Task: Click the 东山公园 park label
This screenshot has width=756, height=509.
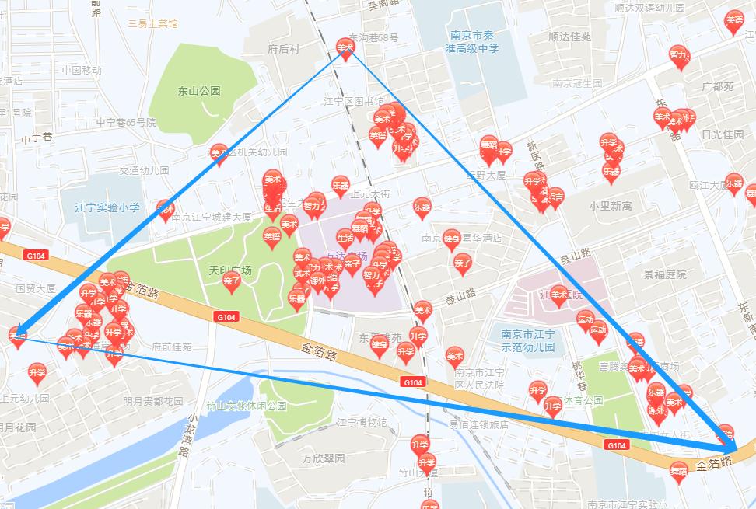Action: (198, 91)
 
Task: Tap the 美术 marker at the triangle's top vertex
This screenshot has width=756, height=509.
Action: (345, 48)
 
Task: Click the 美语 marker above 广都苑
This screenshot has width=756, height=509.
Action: (733, 20)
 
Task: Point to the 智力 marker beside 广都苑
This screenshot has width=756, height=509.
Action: (679, 54)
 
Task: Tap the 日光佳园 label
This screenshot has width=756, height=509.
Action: (723, 134)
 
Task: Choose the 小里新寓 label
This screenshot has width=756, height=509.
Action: (611, 207)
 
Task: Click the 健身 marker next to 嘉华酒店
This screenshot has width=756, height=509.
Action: (452, 239)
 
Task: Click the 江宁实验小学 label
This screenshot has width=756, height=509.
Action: (107, 207)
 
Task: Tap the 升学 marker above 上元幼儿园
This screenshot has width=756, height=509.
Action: (37, 372)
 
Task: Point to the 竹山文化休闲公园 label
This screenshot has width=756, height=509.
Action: (246, 406)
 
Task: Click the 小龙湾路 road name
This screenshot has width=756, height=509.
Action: (186, 441)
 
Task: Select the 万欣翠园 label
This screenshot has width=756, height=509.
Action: (324, 458)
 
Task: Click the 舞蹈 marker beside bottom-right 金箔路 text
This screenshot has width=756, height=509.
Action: (678, 469)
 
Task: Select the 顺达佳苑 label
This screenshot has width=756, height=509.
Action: (569, 37)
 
